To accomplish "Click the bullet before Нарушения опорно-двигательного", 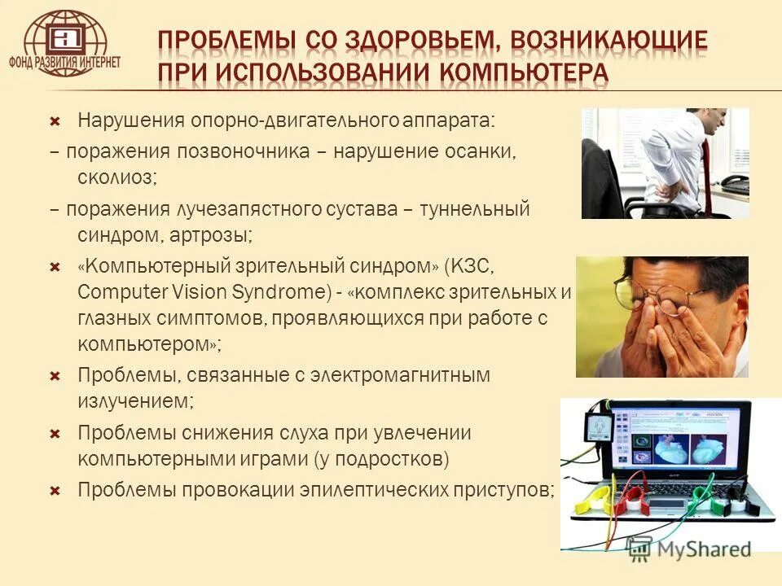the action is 55,120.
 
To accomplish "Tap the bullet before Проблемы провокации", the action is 55,491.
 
